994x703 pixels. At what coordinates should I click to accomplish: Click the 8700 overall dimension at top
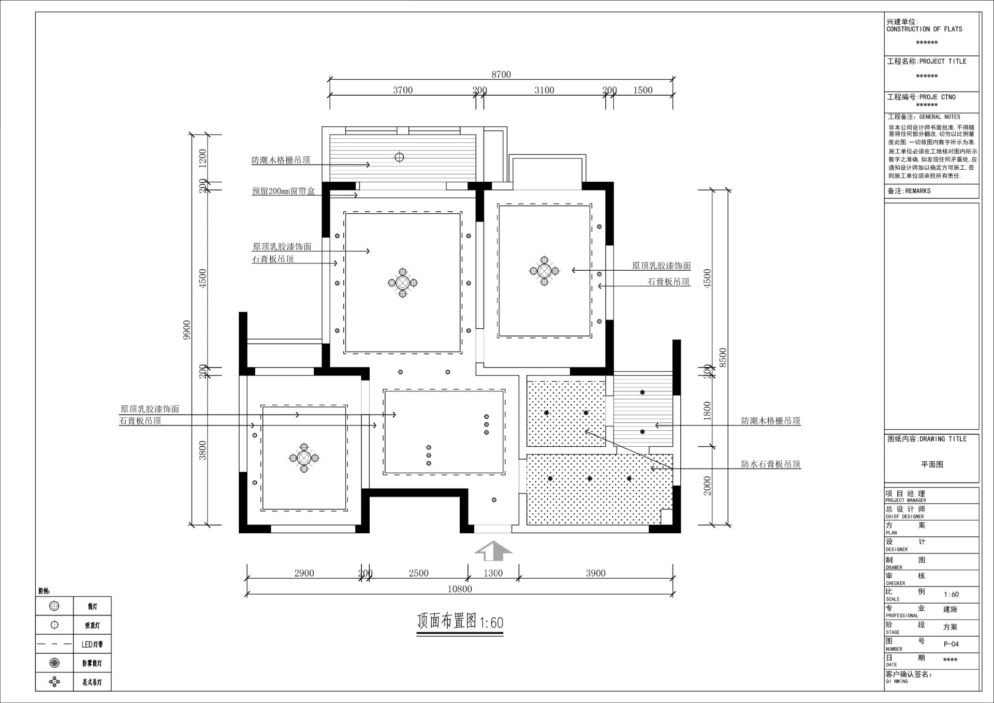(501, 75)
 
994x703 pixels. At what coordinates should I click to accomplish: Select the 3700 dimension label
(402, 90)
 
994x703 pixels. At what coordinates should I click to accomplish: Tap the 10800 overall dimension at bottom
(459, 589)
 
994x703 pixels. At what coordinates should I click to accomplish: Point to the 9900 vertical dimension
(187, 330)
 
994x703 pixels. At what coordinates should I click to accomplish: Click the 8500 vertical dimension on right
(723, 357)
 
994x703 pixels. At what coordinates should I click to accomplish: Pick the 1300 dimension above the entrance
(493, 573)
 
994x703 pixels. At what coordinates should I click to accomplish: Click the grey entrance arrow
(493, 551)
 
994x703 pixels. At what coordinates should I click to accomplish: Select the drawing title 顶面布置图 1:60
(460, 622)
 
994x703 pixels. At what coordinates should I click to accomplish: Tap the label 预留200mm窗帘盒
(283, 191)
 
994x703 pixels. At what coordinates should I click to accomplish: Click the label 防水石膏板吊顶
(770, 464)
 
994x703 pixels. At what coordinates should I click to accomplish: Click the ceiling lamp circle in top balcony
(399, 157)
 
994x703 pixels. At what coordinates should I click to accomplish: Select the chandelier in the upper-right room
(544, 271)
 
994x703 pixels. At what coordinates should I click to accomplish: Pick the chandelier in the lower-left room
(304, 458)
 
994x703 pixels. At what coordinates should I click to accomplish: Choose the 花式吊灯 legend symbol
(54, 682)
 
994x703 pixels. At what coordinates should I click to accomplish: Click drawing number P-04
(951, 644)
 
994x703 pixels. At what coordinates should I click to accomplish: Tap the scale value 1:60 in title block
(951, 594)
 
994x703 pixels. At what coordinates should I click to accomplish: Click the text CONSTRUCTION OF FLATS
(924, 30)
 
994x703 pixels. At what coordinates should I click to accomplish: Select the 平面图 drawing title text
(931, 464)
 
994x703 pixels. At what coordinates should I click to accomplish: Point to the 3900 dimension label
(595, 573)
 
